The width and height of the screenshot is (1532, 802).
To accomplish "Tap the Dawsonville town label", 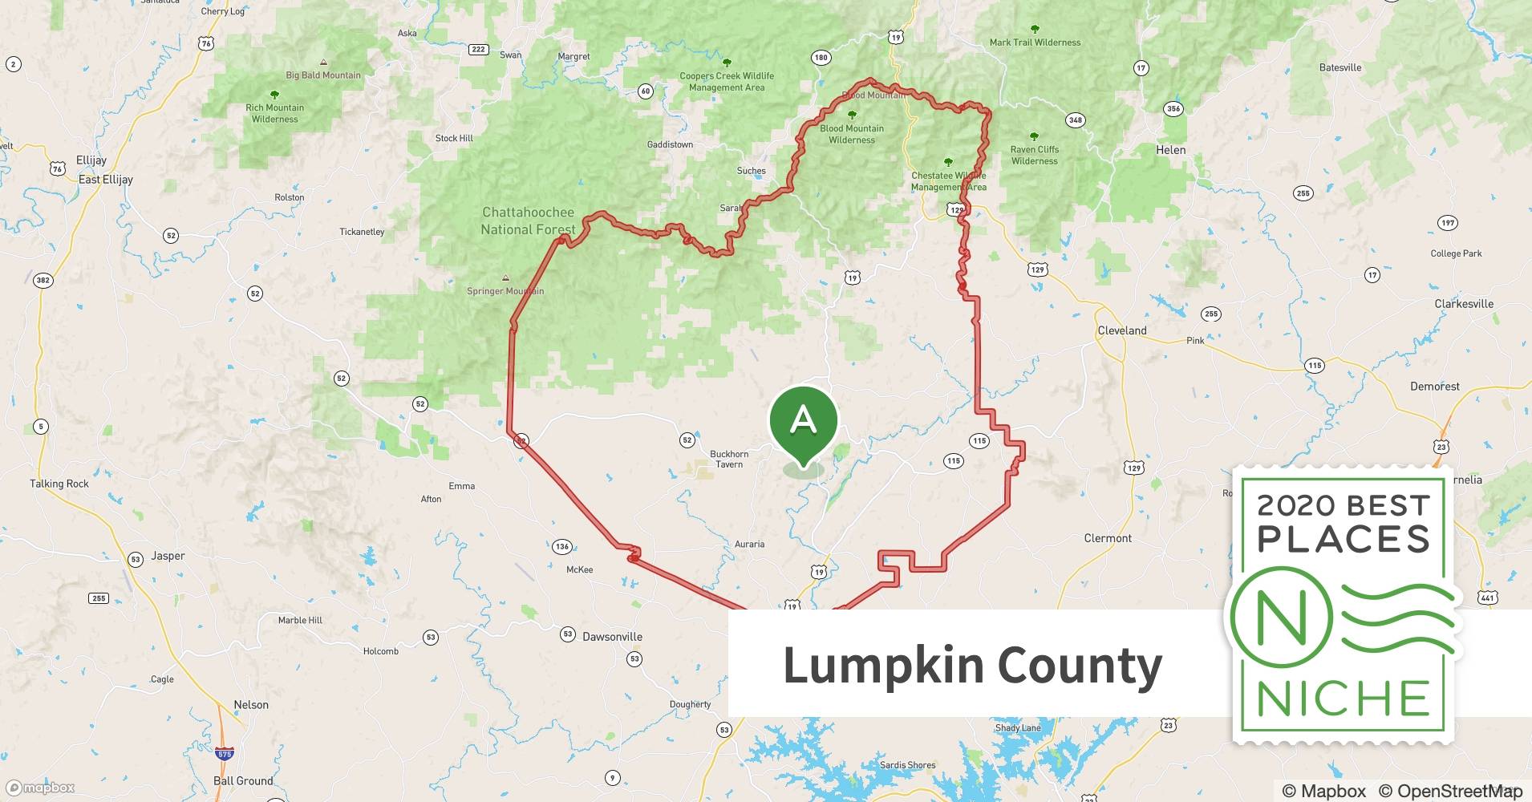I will pos(612,637).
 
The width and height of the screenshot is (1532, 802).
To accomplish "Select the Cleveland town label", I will pos(1121,330).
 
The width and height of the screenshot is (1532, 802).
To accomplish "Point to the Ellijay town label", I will pos(91,160).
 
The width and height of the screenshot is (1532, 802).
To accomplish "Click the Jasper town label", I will pos(168,556).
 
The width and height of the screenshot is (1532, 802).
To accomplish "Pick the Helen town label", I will pos(1170,150).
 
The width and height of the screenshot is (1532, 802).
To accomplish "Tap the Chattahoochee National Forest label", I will pos(528,221).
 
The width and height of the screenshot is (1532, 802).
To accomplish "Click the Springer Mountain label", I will pos(505,291).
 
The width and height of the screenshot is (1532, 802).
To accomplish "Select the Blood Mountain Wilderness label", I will pos(852,134).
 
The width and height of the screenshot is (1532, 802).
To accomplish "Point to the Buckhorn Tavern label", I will pos(729,459).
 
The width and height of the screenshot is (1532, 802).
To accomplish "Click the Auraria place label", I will pos(749,544).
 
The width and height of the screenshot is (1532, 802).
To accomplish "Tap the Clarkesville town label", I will pos(1464,304).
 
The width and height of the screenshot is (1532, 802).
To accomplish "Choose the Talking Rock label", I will pos(59,484).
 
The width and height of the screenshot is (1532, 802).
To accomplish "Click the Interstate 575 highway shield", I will pos(225,754).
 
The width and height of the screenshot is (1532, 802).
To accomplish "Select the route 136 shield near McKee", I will pos(561,547).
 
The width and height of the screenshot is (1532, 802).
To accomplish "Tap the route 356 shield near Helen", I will pos(1173,108).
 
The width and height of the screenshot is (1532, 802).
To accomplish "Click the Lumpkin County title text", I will pos(972,665).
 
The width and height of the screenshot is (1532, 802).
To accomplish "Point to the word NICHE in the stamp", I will pos(1344,699).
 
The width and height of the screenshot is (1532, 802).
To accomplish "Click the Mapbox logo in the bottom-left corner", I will pos(40,788).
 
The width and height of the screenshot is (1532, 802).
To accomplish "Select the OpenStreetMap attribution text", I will pos(1450,791).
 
